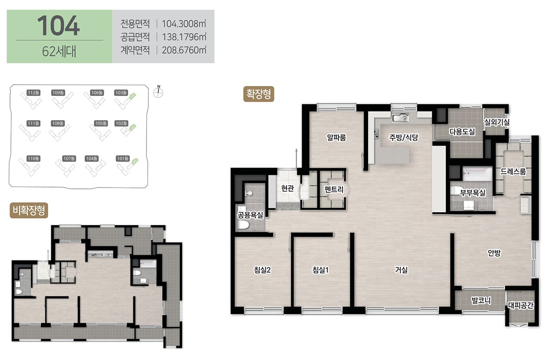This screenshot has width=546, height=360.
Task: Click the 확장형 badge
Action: click(x=258, y=94)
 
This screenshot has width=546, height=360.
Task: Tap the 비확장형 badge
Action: click(x=29, y=210)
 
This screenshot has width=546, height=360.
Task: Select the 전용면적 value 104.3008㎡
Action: click(x=184, y=24)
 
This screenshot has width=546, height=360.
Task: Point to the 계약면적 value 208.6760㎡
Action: click(x=184, y=50)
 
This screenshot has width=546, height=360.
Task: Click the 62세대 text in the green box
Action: click(x=59, y=51)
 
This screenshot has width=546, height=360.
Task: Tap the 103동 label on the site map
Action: click(x=121, y=93)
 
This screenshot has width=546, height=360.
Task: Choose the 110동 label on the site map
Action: click(x=33, y=159)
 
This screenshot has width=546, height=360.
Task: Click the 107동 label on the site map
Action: click(x=69, y=159)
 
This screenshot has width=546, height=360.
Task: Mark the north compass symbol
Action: click(x=158, y=91)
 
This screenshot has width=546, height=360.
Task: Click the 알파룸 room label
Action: click(x=336, y=138)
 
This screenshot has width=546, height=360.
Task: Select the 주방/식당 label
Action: click(x=404, y=138)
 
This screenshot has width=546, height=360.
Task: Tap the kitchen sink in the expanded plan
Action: click(x=400, y=118)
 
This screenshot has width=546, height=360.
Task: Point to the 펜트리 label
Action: click(x=334, y=189)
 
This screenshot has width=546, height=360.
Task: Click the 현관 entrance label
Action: click(x=288, y=188)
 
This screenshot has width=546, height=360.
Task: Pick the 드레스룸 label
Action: click(x=513, y=172)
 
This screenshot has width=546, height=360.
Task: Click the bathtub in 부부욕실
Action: click(x=477, y=173)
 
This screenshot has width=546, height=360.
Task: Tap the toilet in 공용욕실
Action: click(x=243, y=225)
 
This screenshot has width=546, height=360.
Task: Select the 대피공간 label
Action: click(x=521, y=305)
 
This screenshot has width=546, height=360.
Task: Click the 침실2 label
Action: click(x=262, y=270)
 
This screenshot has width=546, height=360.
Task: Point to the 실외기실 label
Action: click(x=497, y=122)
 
